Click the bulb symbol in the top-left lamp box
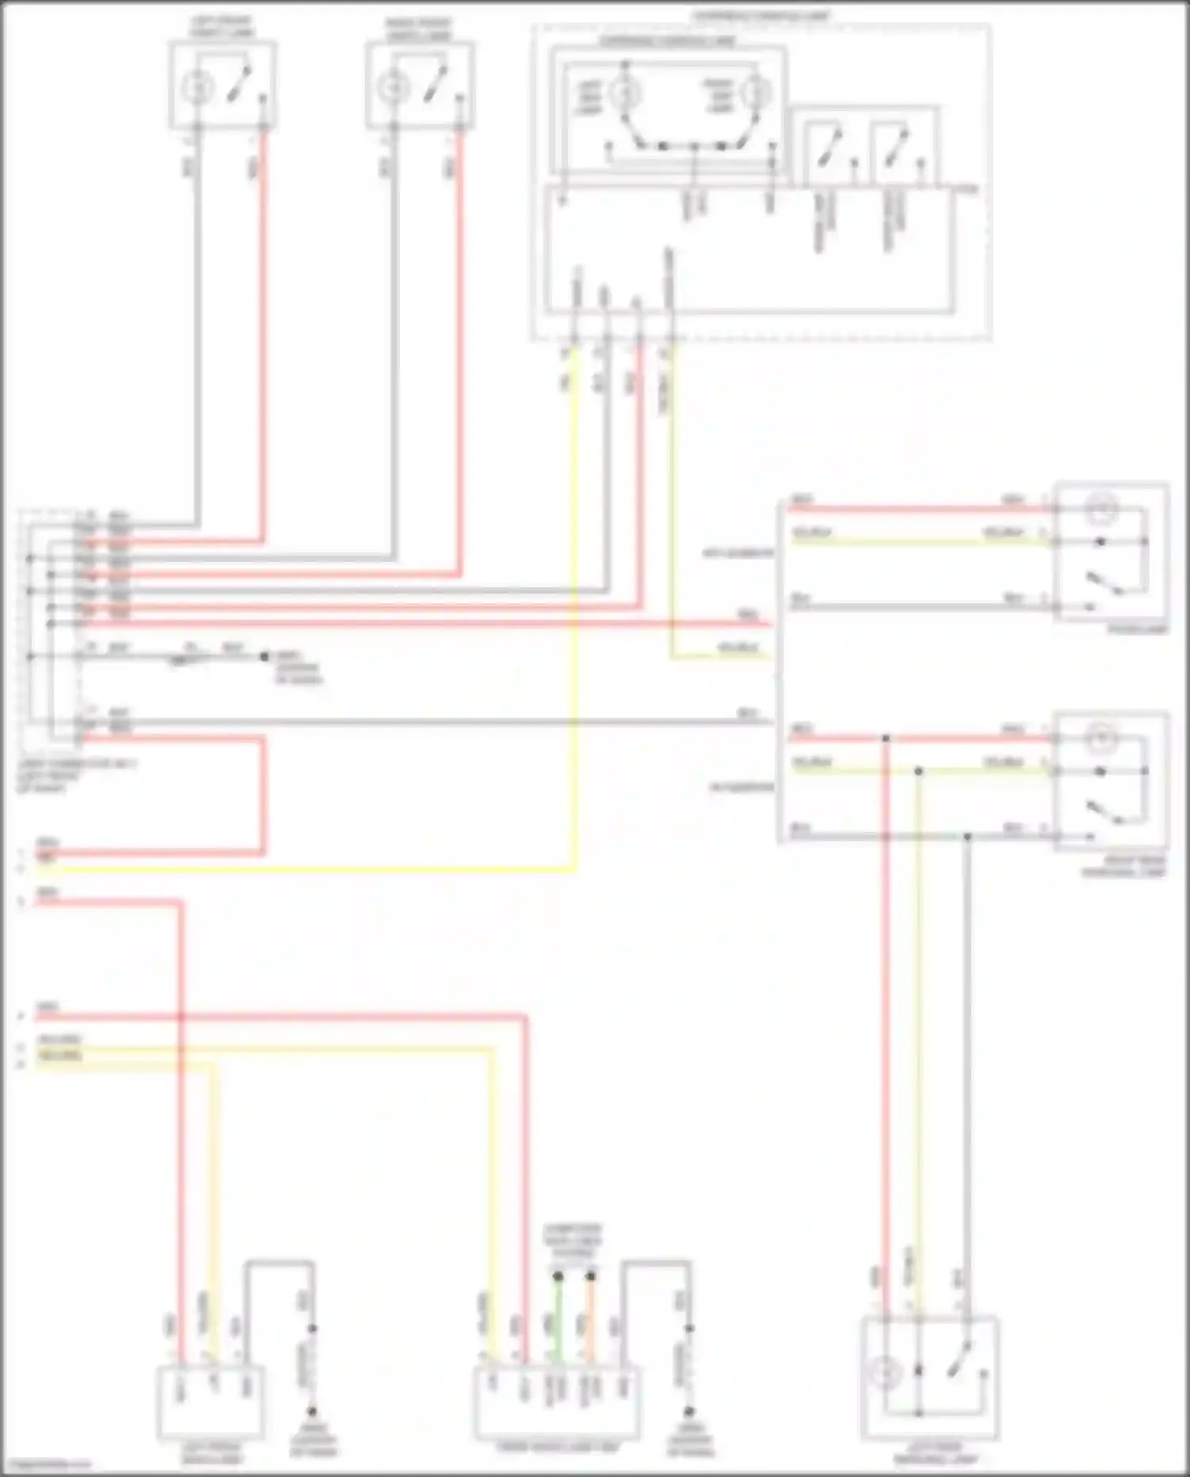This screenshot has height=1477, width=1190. (194, 87)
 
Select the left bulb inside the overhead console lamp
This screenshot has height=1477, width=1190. (624, 94)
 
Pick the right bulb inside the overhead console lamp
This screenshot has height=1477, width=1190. (754, 94)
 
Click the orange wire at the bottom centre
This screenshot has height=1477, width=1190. (590, 1321)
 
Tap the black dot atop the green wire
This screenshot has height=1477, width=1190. (558, 1276)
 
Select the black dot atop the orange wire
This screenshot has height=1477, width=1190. (590, 1276)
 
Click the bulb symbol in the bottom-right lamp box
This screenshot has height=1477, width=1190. (884, 1372)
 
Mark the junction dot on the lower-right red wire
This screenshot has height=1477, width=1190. (886, 739)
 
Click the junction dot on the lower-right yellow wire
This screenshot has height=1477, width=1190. (918, 771)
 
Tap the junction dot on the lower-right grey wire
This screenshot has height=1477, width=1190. (967, 837)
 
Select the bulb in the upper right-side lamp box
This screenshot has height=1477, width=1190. (1102, 509)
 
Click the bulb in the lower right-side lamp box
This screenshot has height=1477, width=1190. (1102, 739)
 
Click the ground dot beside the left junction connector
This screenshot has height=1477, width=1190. (264, 657)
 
